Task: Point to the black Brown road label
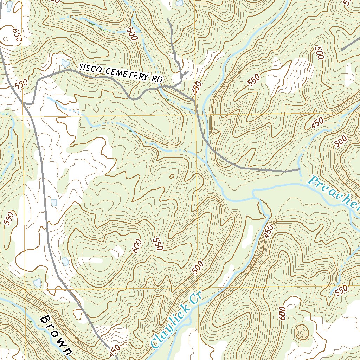56,335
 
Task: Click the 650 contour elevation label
17,36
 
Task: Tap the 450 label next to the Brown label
115,350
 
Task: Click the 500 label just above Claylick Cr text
198,268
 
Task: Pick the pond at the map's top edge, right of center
180,3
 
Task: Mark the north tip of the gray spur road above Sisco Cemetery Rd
168,20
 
